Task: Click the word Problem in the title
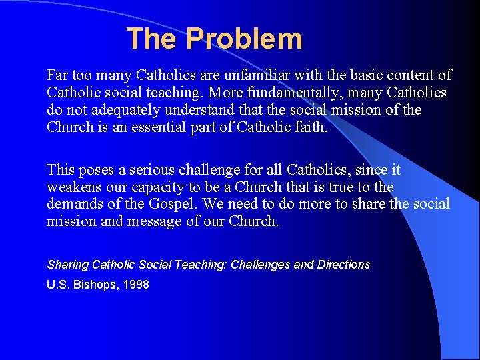tap(244, 39)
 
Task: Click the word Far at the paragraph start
tap(57, 75)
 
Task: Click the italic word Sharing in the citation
tap(68, 265)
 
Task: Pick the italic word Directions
tap(343, 265)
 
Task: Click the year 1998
tap(136, 285)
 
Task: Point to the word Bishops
tap(92, 285)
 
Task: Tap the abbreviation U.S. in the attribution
tap(57, 285)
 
